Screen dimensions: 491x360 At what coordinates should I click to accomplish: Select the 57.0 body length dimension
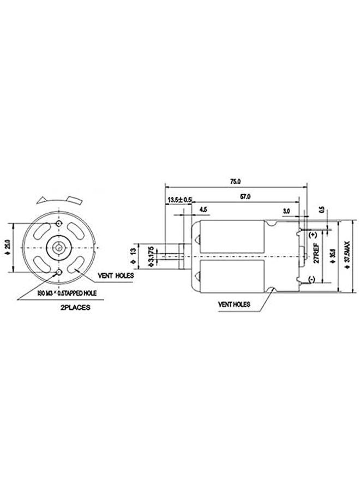pos(245,196)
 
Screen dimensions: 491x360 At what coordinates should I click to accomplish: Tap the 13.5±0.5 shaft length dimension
pos(178,200)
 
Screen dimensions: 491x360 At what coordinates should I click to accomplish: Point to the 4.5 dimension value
pos(203,209)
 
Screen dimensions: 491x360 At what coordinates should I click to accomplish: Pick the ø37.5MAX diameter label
pos(347,254)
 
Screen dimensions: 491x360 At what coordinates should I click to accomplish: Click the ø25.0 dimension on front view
pos(7,247)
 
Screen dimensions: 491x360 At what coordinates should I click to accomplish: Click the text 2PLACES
pos(72,307)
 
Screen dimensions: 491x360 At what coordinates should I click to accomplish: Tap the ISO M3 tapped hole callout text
pos(67,293)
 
